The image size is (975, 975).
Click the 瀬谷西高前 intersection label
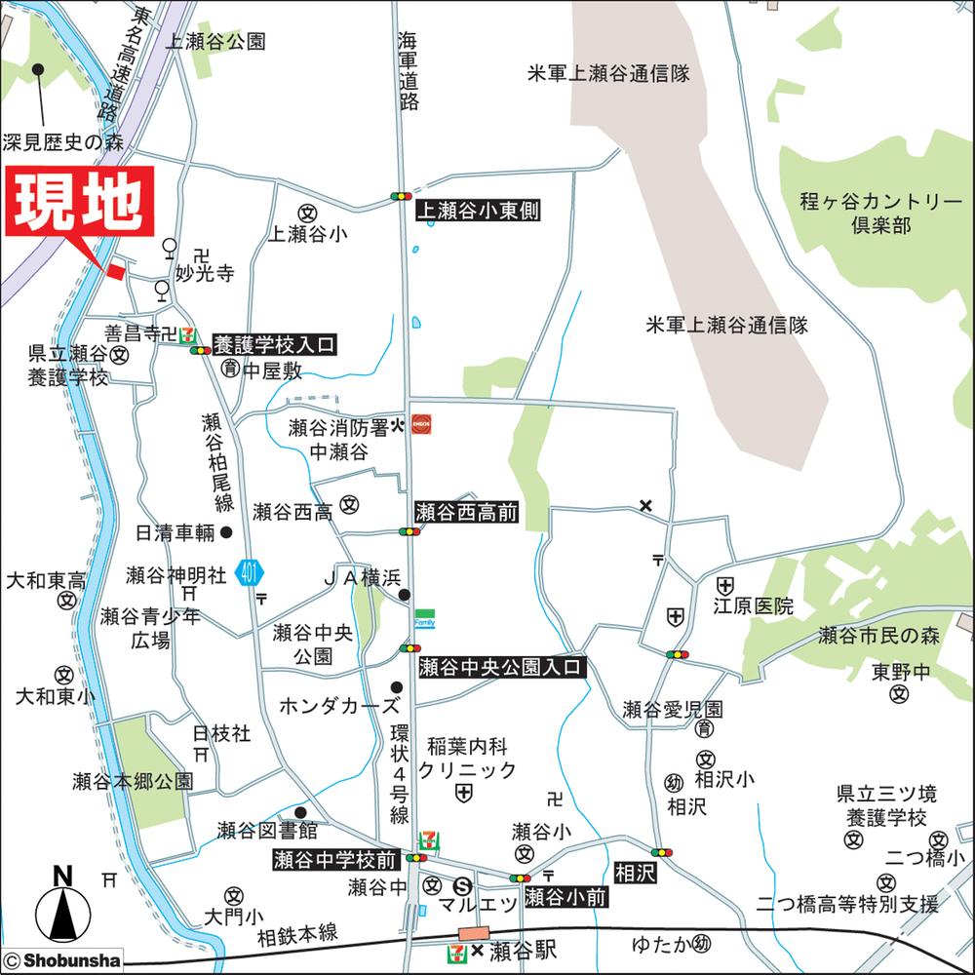coord(466,512)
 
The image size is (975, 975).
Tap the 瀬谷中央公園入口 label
coord(500,668)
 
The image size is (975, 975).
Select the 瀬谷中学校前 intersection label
coord(335,859)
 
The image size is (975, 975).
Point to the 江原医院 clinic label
coord(753,606)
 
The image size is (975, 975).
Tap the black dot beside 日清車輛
coord(226,532)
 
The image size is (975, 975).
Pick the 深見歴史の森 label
coord(64,142)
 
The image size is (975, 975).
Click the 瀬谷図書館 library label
coord(267,831)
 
